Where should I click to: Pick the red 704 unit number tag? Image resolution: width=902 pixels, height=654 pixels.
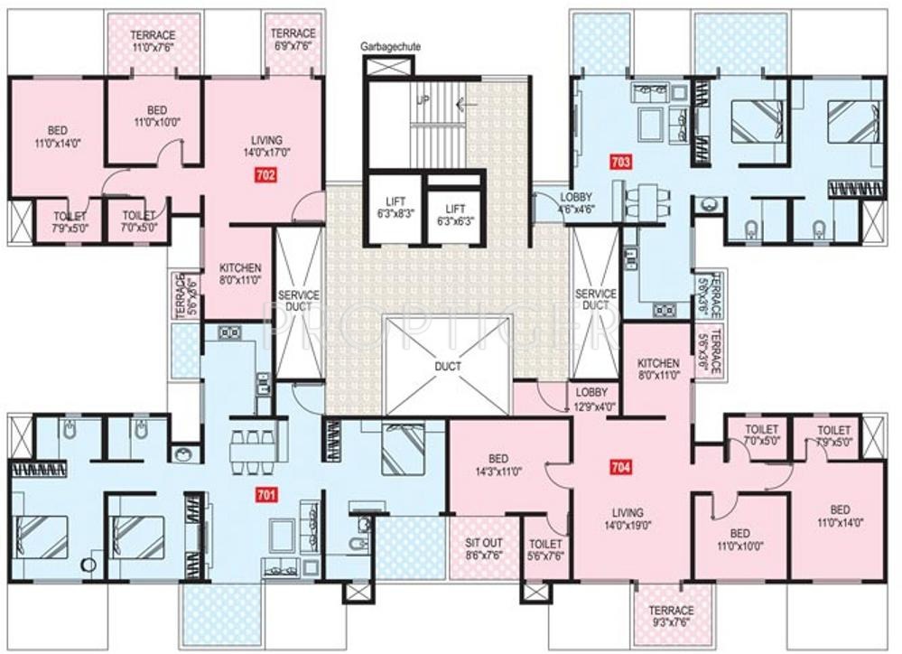pyautogui.click(x=619, y=468)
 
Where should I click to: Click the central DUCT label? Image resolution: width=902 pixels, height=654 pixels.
pyautogui.click(x=448, y=366)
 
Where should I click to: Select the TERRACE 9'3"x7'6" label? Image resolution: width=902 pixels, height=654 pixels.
pyautogui.click(x=671, y=616)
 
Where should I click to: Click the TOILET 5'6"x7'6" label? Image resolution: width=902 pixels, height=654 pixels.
pyautogui.click(x=545, y=550)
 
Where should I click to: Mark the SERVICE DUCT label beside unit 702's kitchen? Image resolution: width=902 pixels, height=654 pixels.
pyautogui.click(x=296, y=300)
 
